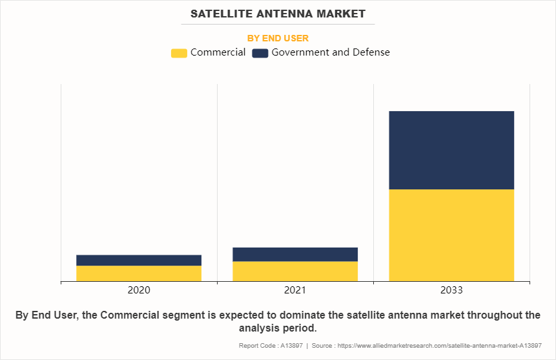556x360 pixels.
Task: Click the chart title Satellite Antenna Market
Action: tap(278, 14)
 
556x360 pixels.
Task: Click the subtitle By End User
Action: tap(278, 38)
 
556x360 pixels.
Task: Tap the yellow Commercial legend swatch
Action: tap(179, 53)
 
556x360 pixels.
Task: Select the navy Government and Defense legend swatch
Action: tap(260, 53)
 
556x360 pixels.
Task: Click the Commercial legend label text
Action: tap(218, 52)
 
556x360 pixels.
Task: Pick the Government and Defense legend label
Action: tap(330, 52)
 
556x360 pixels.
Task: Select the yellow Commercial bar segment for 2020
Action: tap(139, 273)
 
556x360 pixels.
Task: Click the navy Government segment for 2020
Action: tap(139, 260)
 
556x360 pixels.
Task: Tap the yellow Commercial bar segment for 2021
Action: tap(295, 271)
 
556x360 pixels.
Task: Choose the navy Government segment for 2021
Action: tap(295, 254)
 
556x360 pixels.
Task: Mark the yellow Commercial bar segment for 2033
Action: tap(451, 235)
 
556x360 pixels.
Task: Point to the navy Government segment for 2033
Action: tap(451, 150)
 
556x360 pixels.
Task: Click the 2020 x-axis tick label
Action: tap(139, 290)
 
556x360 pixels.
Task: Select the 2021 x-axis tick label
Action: tap(295, 290)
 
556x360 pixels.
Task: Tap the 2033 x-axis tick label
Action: tap(451, 290)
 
